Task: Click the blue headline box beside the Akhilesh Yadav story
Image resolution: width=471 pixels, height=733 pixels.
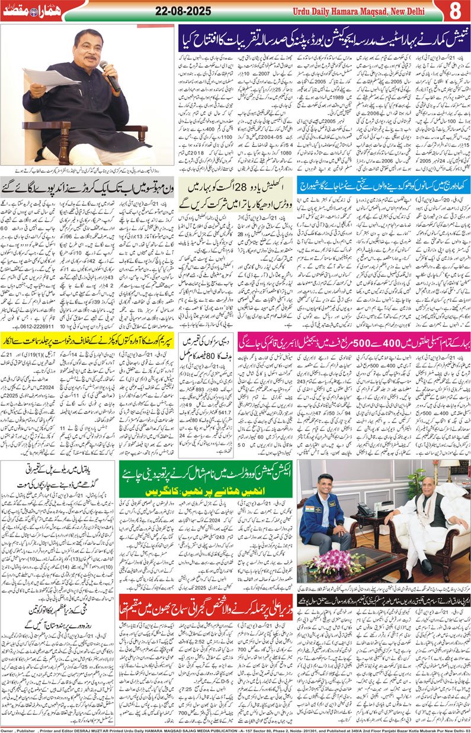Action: point(384,185)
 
